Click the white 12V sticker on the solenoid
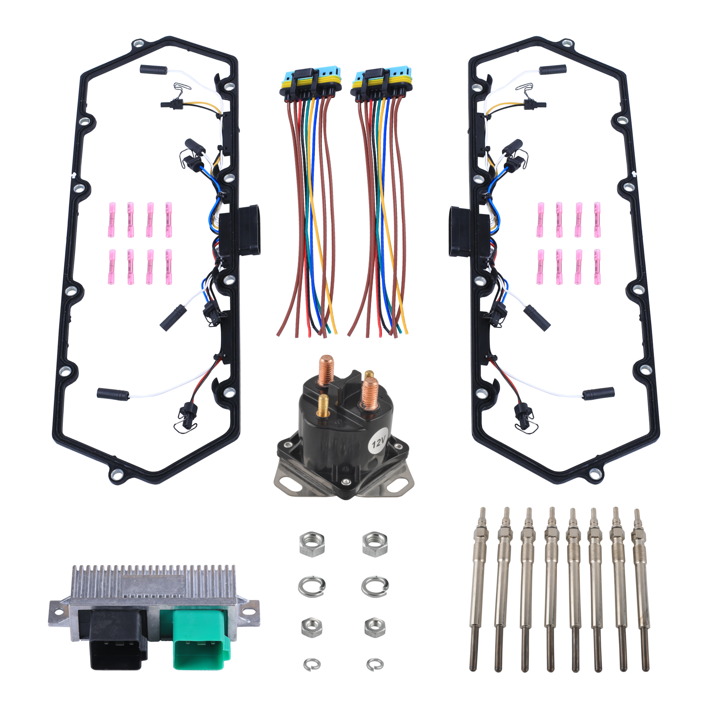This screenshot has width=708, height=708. point(378,444)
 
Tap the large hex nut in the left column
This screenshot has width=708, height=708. point(312,543)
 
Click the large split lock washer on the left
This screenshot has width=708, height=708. point(312,586)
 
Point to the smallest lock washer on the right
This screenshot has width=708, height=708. point(375,663)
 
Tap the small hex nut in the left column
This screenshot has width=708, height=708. point(312,627)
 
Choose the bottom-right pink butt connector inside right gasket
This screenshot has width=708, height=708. point(597,267)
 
